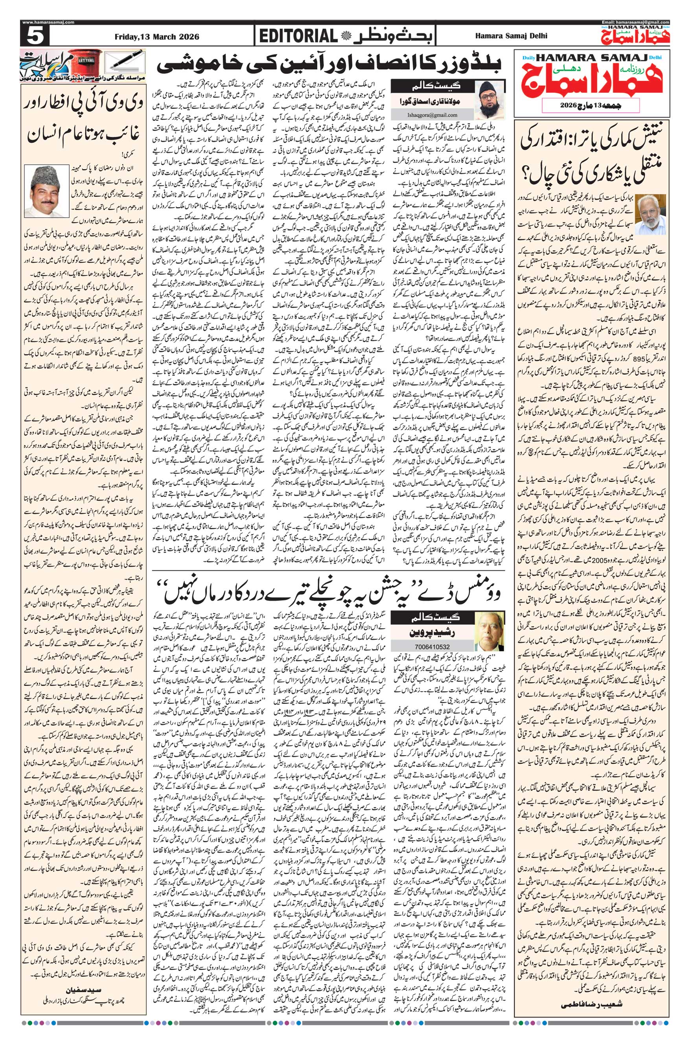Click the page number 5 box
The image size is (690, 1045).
pos(35,36)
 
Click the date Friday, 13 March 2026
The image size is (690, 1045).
pos(156,37)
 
